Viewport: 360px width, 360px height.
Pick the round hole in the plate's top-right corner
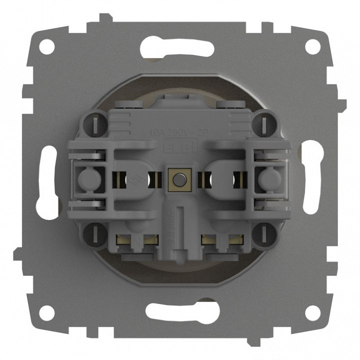coord(312,46)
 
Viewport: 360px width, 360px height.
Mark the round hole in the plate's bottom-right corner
coord(312,312)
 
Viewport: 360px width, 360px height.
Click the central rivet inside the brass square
coord(177,177)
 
